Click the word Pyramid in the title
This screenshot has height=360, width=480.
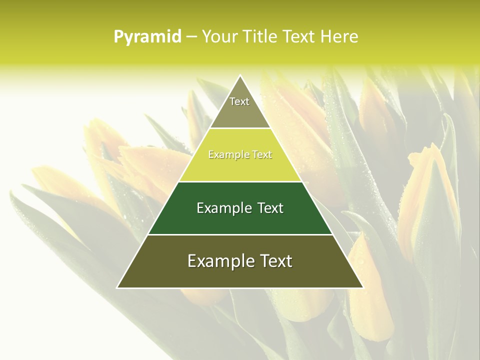point(147,37)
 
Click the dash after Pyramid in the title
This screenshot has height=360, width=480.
point(191,37)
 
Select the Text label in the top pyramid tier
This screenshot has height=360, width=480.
point(239,101)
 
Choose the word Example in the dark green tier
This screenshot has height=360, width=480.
point(221,208)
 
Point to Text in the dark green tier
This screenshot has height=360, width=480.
point(270,208)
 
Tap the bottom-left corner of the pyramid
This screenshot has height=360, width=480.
point(117,287)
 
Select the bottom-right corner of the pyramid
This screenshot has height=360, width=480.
point(363,287)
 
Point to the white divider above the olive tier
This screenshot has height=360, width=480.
point(240,234)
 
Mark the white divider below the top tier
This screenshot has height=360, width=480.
point(240,128)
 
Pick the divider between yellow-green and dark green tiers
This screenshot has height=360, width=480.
point(240,181)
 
